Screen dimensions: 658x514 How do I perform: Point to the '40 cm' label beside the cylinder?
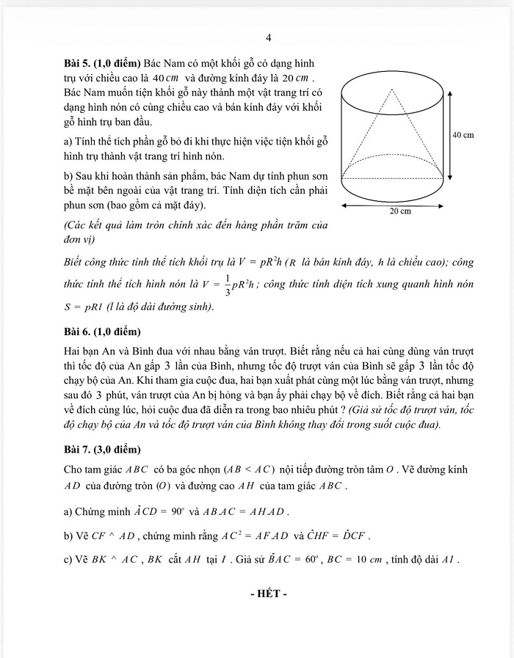463,135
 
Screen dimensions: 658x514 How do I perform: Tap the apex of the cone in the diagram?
393,89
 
